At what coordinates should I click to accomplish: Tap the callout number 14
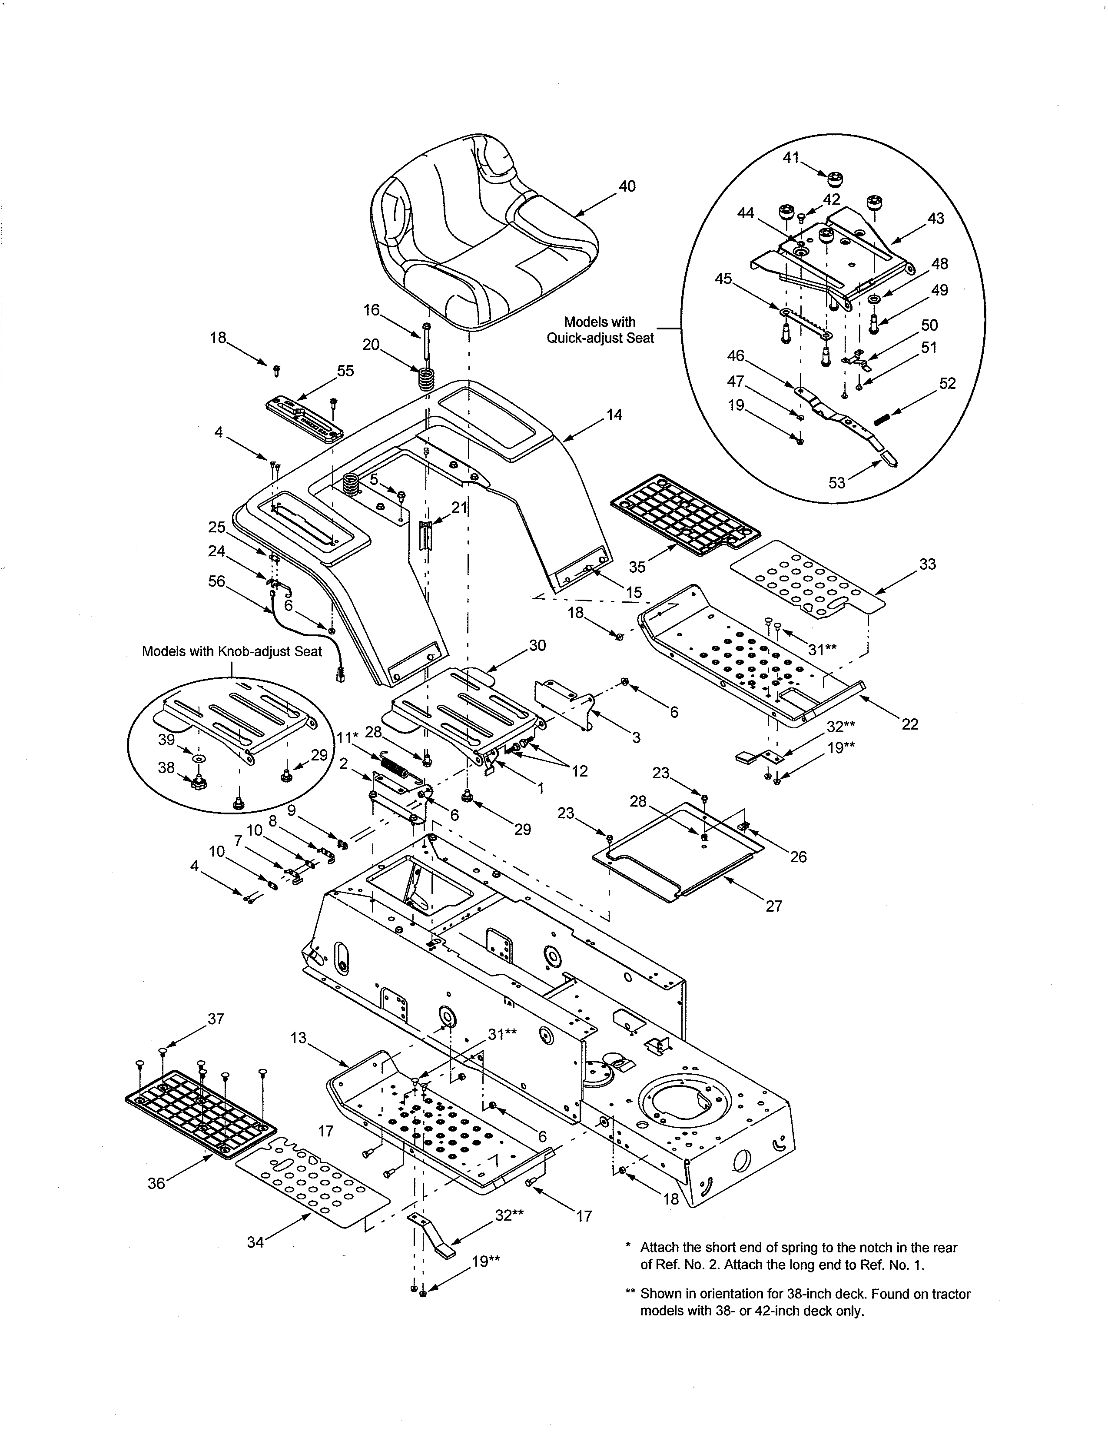click(614, 415)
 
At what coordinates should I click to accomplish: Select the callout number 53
click(836, 483)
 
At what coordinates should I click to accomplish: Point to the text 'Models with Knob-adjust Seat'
click(232, 651)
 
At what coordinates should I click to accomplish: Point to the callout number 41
click(791, 158)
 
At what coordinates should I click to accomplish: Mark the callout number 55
click(345, 371)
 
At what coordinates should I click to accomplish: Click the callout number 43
click(935, 218)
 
